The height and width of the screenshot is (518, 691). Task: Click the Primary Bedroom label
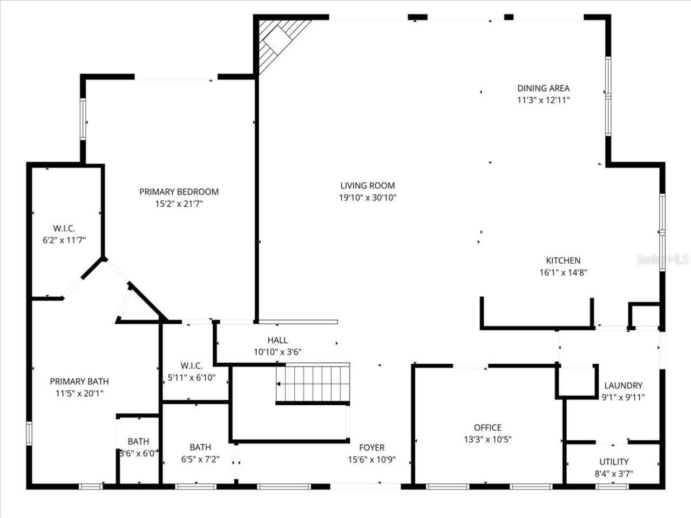(x=179, y=192)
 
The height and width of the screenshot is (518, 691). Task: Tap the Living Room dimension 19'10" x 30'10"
(x=368, y=198)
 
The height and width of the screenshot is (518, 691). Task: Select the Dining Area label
(x=543, y=88)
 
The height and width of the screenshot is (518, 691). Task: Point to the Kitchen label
(x=563, y=261)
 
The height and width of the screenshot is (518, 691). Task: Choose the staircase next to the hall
(x=313, y=384)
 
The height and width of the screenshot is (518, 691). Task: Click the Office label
(x=487, y=427)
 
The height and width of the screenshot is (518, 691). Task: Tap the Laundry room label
(x=623, y=385)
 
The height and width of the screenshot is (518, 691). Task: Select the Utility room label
(x=614, y=462)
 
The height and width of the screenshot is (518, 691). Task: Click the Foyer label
(x=372, y=447)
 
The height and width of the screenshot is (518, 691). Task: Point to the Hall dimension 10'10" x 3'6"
(x=277, y=352)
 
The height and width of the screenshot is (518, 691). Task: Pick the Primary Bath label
(x=79, y=381)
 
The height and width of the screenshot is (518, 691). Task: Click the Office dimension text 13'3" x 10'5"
(x=487, y=439)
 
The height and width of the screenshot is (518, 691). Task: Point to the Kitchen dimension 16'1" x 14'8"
(x=563, y=272)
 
